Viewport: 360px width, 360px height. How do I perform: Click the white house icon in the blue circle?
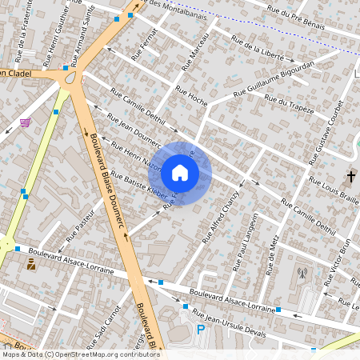click(x=180, y=172)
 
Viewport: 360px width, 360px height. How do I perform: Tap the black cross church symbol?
click(x=350, y=175)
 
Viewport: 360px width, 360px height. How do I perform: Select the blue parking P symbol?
click(x=201, y=329)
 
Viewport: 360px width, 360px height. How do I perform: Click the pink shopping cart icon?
click(x=26, y=122)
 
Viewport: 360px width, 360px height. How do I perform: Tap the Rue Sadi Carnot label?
click(x=111, y=324)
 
